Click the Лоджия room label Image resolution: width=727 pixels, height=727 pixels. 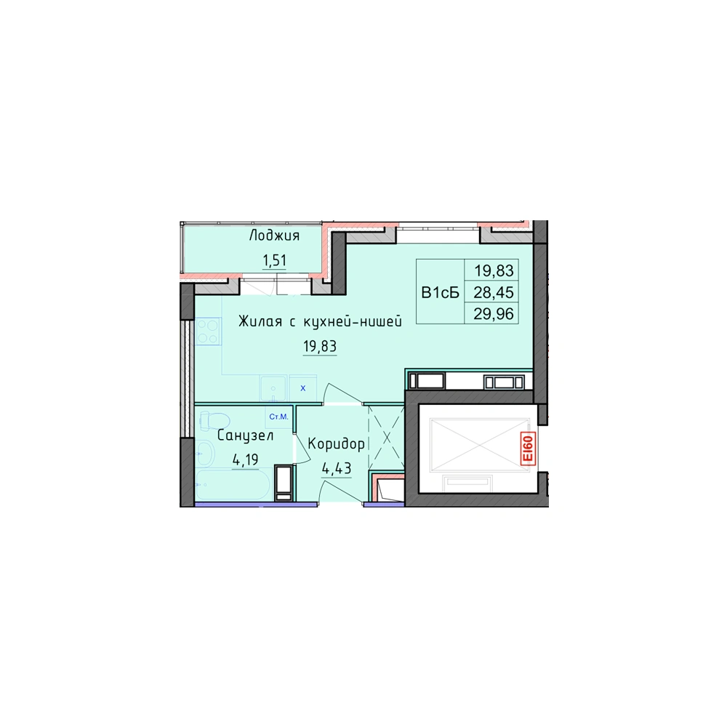tap(274, 236)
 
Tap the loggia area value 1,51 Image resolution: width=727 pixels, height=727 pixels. tap(275, 260)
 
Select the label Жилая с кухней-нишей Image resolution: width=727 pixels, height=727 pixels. tap(320, 321)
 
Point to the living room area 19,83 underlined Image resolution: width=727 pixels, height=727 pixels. tap(320, 346)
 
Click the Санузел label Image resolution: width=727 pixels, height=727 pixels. tap(245, 435)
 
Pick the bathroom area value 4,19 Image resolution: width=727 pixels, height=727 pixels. tap(245, 460)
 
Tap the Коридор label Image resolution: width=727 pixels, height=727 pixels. tap(336, 444)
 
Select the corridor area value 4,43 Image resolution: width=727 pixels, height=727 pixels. tap(337, 469)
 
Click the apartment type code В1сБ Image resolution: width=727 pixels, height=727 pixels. tap(440, 292)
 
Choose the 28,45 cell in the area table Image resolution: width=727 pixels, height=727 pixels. tap(494, 292)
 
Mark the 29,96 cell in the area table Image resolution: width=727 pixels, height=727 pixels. tap(494, 314)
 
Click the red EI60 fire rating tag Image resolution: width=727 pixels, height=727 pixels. tap(528, 449)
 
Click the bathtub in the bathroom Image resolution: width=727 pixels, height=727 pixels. tap(233, 484)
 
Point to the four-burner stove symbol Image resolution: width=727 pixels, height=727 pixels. tap(208, 331)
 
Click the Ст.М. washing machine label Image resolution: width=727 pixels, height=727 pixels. tap(278, 417)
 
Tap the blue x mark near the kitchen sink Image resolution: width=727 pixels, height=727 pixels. tap(302, 388)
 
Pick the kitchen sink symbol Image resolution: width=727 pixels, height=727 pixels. tap(273, 388)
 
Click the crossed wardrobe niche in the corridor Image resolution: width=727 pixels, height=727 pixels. tap(386, 435)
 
